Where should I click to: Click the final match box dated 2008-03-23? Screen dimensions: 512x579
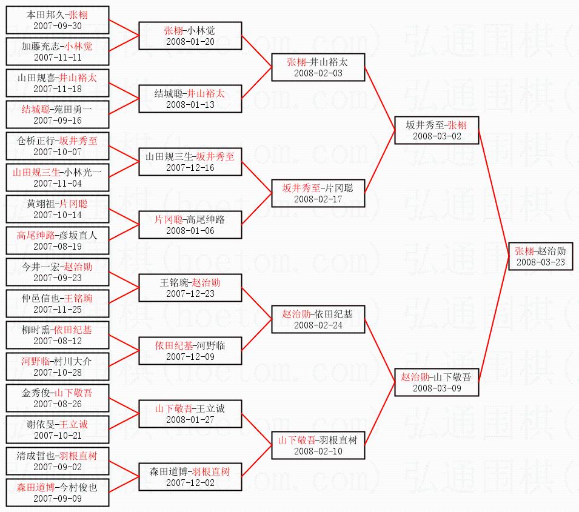(540, 256)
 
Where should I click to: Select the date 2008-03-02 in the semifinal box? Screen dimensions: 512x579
(437, 136)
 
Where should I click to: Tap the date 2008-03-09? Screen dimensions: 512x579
(437, 388)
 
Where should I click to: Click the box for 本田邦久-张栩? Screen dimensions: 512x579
(58, 20)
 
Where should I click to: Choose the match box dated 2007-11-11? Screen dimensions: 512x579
(58, 52)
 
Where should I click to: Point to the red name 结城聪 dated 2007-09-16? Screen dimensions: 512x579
(35, 109)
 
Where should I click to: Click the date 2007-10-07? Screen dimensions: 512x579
(58, 152)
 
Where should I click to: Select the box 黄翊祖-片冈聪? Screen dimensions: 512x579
(58, 209)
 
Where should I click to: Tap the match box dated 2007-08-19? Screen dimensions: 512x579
(58, 241)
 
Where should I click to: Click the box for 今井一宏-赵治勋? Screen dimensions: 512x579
(58, 272)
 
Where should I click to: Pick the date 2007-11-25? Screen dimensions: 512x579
(58, 310)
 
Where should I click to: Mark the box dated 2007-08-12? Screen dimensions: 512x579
(58, 335)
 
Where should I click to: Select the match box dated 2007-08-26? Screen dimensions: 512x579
(58, 398)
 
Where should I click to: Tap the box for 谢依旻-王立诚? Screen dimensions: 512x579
(58, 430)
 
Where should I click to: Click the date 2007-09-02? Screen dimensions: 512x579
(58, 467)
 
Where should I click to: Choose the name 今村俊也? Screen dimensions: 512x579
(79, 487)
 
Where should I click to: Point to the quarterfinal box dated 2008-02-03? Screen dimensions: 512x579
(318, 67)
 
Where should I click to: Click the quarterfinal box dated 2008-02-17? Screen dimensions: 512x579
(318, 193)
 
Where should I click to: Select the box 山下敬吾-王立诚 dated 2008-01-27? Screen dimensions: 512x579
(190, 414)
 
